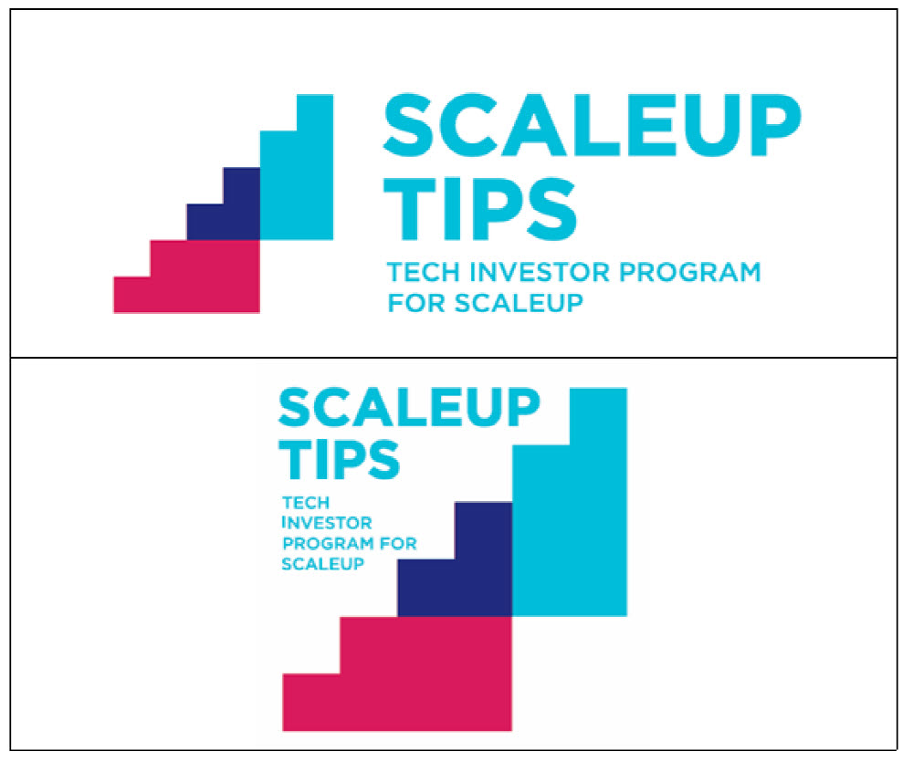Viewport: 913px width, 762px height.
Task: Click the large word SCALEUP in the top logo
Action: [x=593, y=125]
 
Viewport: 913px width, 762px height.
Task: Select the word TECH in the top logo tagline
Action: [x=424, y=273]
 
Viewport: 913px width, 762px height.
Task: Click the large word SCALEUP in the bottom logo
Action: [x=409, y=408]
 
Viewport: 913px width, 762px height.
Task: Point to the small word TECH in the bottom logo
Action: [x=306, y=503]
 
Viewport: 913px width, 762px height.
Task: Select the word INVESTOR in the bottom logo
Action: [x=327, y=523]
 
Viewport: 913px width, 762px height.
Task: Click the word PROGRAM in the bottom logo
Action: [x=330, y=543]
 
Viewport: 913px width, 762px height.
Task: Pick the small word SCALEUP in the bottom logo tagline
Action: [x=323, y=563]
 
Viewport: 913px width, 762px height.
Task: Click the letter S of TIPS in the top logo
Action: [x=552, y=209]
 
